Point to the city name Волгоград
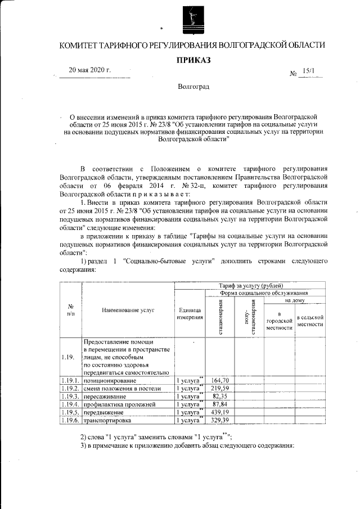coord(192,88)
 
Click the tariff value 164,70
coord(220,381)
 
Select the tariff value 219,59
coord(220,388)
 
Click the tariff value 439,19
coord(220,412)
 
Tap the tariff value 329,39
coord(220,420)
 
